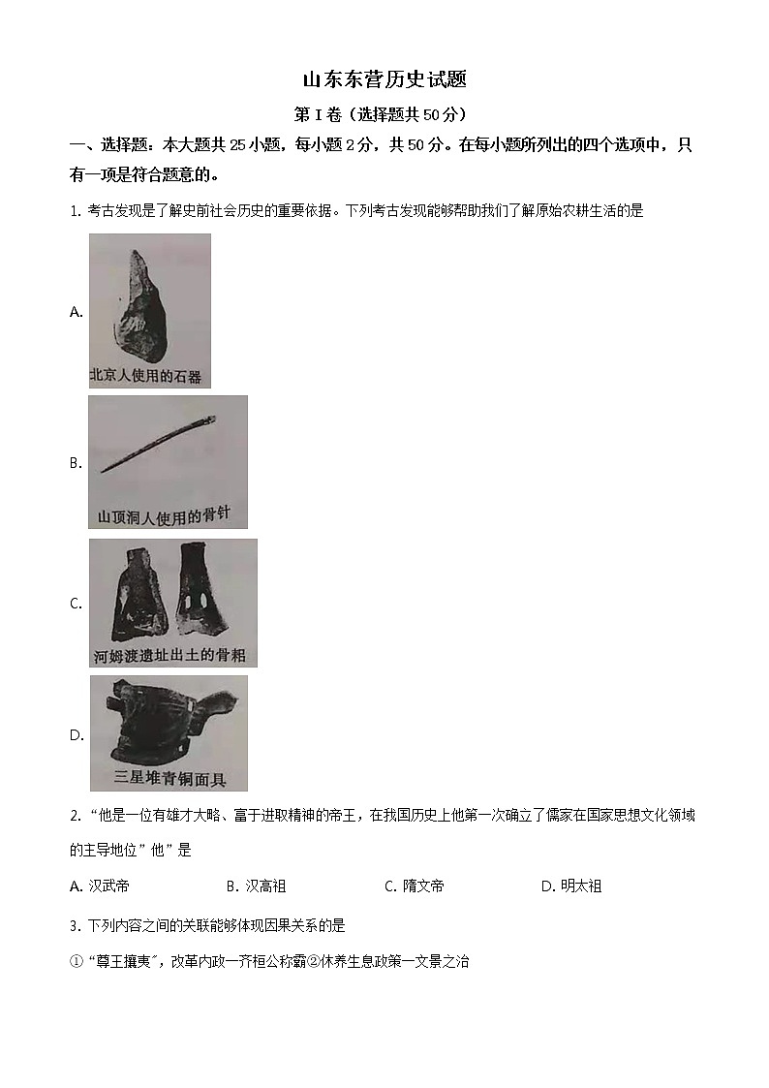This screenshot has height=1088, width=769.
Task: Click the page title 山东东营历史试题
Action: pos(384,79)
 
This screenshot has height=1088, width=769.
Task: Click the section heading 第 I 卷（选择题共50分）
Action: pos(384,114)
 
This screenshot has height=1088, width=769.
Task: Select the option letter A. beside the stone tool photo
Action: pos(77,312)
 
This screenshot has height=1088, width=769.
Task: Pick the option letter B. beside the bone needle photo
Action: pos(77,463)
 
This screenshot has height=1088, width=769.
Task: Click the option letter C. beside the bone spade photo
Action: pos(77,604)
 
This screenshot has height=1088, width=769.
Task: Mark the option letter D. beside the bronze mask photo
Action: pos(77,735)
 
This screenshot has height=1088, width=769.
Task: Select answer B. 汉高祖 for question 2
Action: pos(256,886)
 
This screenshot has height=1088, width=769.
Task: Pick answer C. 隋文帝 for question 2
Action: pos(414,886)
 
